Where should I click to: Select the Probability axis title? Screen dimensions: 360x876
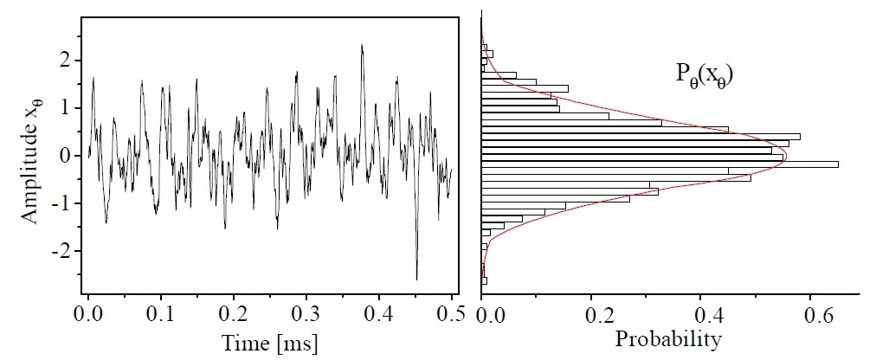[x=668, y=340]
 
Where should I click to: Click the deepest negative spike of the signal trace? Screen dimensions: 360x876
[x=416, y=279]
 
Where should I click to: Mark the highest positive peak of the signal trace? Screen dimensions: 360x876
[x=362, y=46]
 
